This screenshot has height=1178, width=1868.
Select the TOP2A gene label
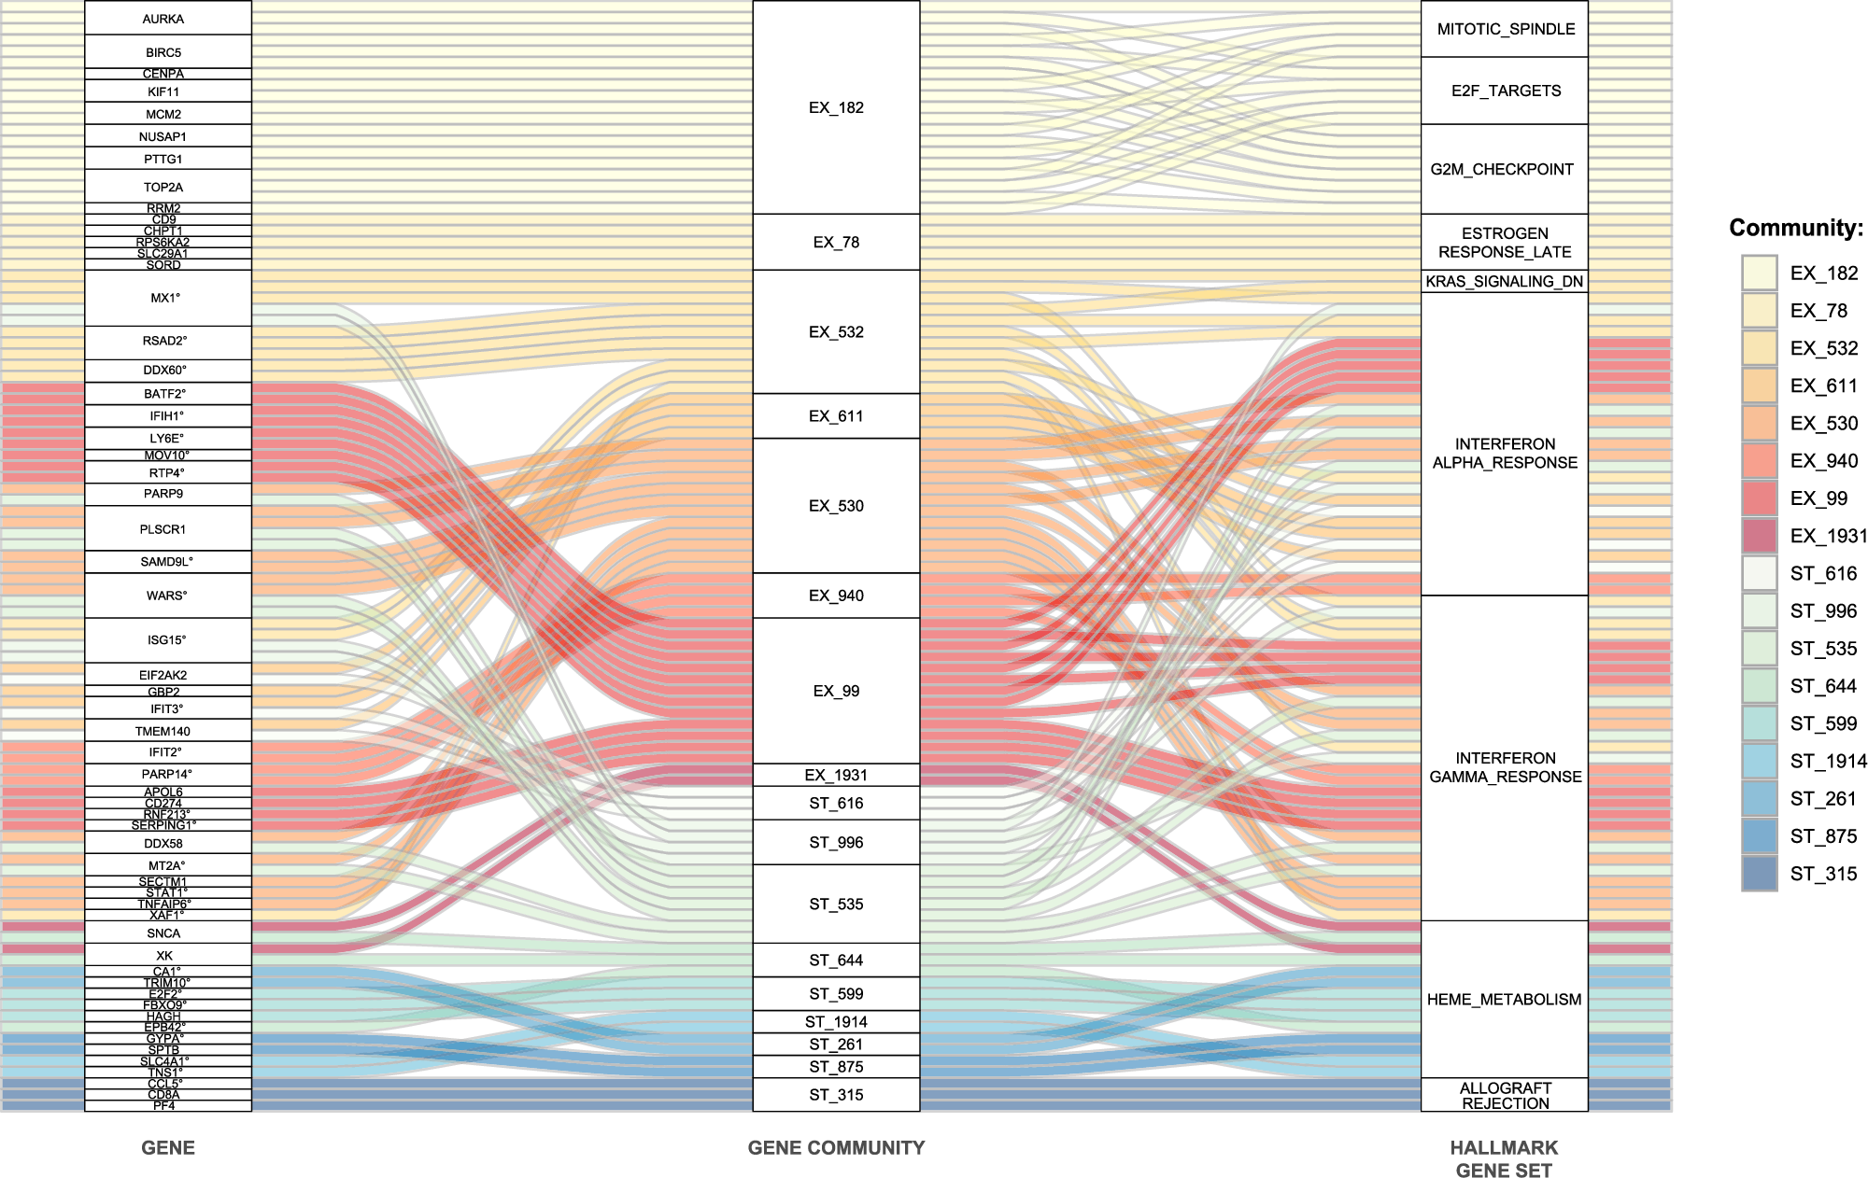[x=163, y=187]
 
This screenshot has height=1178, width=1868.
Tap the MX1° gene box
[x=167, y=298]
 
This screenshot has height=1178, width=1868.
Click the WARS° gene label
[x=167, y=596]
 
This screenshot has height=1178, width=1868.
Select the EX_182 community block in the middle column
[x=836, y=107]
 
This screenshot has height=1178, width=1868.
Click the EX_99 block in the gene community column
[x=836, y=691]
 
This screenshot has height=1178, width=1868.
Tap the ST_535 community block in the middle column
[x=836, y=904]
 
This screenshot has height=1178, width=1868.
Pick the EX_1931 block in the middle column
[x=836, y=775]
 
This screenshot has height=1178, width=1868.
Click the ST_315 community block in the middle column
[x=836, y=1095]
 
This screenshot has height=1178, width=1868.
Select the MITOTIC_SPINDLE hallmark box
[x=1505, y=29]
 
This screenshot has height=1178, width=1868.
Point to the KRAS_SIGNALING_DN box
[x=1505, y=281]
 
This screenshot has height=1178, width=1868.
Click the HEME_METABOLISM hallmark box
[x=1505, y=1000]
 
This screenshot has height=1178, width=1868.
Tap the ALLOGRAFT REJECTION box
[x=1505, y=1095]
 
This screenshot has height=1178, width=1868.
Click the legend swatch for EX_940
[x=1759, y=461]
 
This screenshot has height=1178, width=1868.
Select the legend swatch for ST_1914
[x=1759, y=762]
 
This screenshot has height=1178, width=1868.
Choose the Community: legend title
[x=1795, y=228]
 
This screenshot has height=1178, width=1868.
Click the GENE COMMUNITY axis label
[x=836, y=1148]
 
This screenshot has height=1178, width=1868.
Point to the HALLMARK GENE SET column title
[x=1505, y=1159]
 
